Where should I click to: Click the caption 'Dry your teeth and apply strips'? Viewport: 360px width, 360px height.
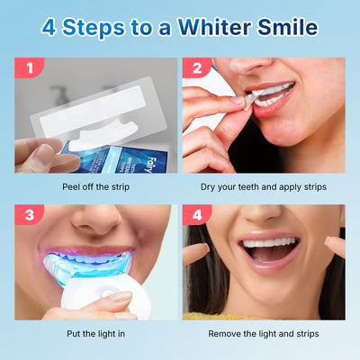coord(264,186)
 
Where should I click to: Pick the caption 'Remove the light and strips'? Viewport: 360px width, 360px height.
coord(264,334)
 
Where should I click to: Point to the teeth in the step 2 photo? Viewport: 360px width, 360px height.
coord(274,90)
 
